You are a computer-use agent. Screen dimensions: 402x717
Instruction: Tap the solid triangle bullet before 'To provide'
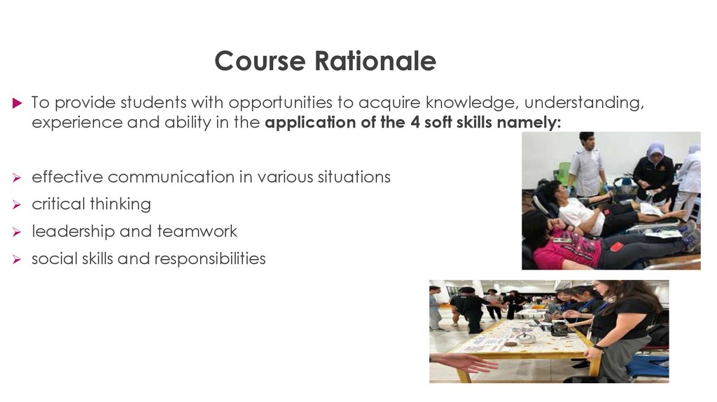pos(18,103)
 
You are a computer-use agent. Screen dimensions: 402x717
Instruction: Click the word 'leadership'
pos(74,231)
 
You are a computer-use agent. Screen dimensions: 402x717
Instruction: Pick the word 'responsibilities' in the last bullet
pos(210,258)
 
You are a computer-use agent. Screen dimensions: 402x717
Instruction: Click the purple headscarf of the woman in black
pos(655,150)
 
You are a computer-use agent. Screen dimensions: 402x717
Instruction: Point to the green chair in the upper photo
pos(563,172)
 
